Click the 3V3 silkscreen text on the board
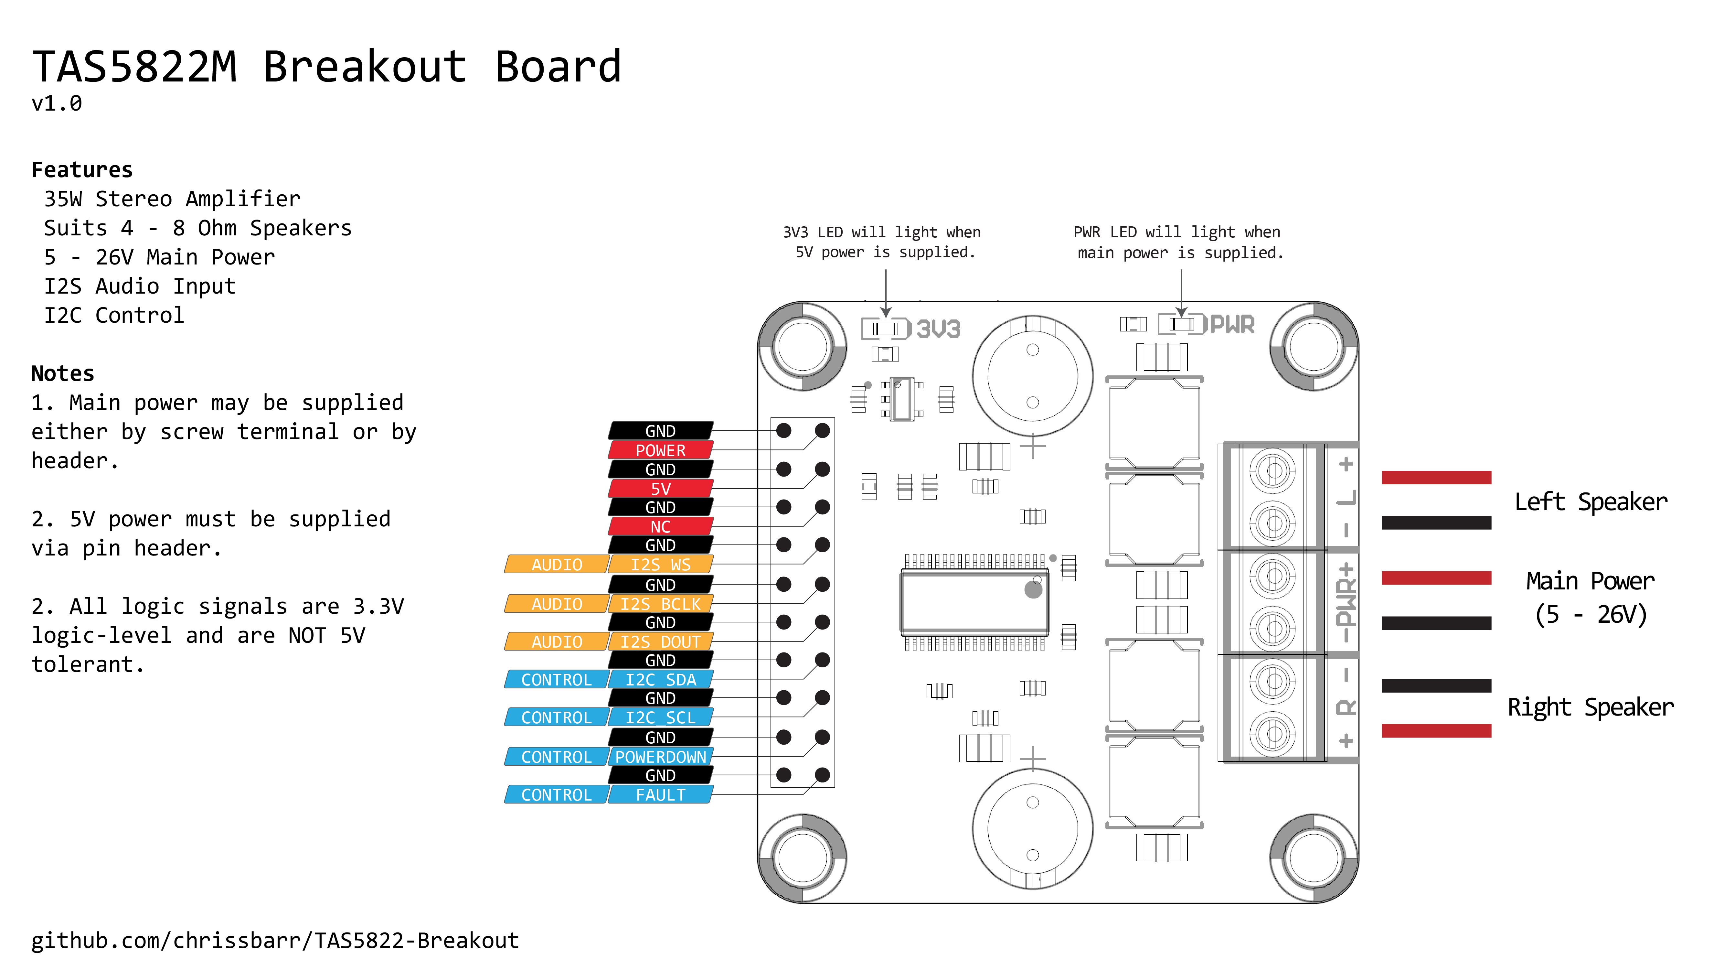pyautogui.click(x=938, y=329)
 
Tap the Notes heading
pyautogui.click(x=63, y=373)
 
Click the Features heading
pyautogui.click(x=82, y=170)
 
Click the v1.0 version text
pyautogui.click(x=57, y=104)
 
